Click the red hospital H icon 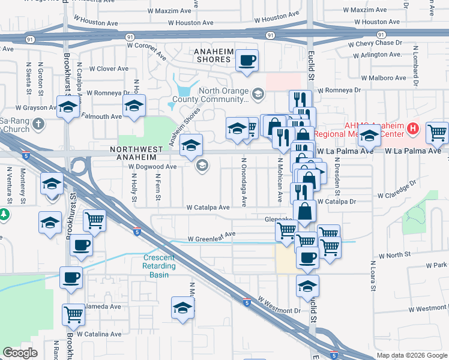click(x=412, y=128)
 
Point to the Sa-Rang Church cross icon click(x=38, y=125)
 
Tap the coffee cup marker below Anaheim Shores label click(x=247, y=60)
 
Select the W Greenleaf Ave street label click(x=211, y=238)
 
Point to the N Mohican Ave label click(x=280, y=179)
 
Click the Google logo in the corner click(x=20, y=353)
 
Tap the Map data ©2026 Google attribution click(x=411, y=355)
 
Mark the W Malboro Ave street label click(x=384, y=78)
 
